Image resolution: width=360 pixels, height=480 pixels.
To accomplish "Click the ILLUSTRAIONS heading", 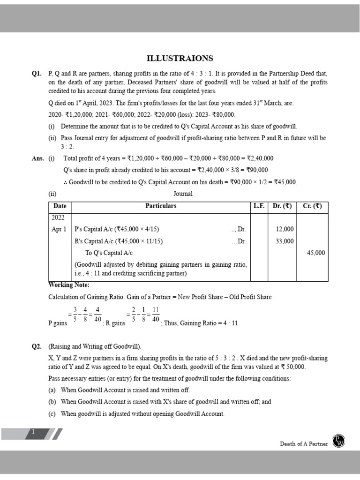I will (x=180, y=58).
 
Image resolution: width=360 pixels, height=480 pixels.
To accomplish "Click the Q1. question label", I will (x=37, y=74).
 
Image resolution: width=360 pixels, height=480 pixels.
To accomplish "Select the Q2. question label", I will (x=37, y=346).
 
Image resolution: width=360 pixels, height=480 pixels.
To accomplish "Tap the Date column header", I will (x=60, y=206).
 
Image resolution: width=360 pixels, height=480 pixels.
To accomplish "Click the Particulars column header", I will (x=161, y=206).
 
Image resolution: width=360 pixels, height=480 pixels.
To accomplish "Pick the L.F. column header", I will (x=259, y=206).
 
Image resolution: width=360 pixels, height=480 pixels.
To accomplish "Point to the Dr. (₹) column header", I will (x=282, y=206).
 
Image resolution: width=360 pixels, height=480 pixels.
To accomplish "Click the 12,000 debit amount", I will (x=285, y=229).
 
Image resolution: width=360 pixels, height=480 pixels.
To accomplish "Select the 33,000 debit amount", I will (x=285, y=241).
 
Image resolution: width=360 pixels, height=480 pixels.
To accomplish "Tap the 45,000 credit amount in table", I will (x=315, y=253).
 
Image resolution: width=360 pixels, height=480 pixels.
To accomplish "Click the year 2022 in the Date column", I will (x=59, y=217).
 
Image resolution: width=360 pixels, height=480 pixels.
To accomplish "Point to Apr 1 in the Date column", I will (x=59, y=229).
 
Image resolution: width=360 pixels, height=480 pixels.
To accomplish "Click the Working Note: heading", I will (x=68, y=285).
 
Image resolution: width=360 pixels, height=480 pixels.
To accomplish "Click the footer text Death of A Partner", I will (x=304, y=443).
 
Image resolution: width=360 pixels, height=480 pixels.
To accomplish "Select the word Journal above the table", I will (x=183, y=194).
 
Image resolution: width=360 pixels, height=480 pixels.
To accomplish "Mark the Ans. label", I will (x=37, y=158).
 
